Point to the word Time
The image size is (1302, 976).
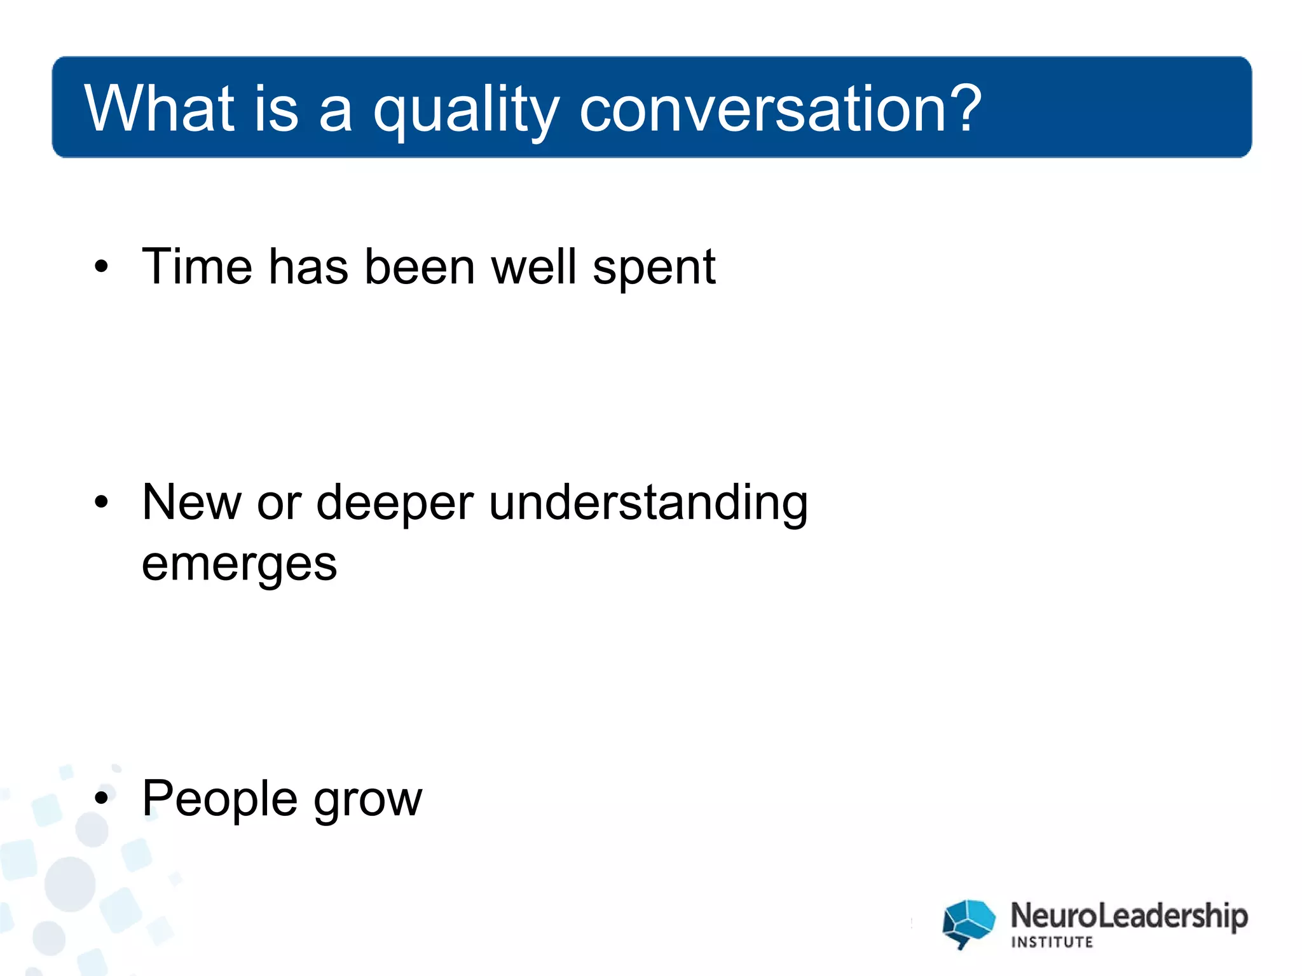(x=196, y=266)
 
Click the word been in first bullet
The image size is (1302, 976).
(x=419, y=266)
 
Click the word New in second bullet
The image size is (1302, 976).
(x=191, y=502)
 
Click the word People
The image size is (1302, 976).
(x=219, y=799)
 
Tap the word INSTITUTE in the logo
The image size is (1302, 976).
(x=1052, y=942)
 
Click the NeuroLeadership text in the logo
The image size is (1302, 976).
(x=1128, y=916)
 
